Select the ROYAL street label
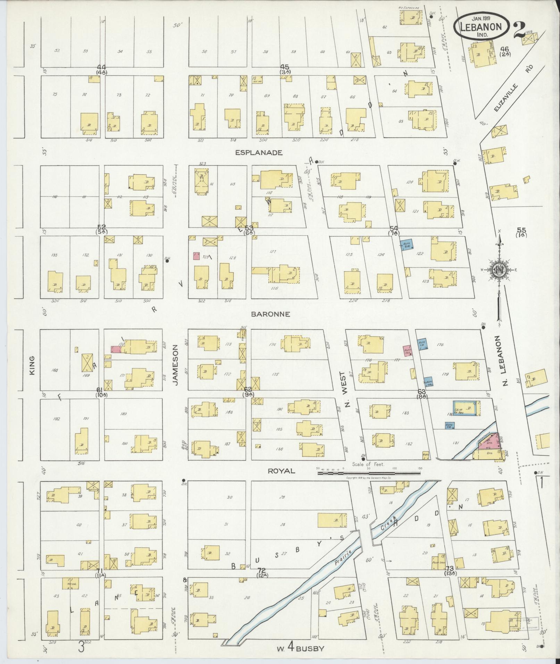point(281,471)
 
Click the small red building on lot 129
point(196,256)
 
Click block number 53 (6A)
point(249,229)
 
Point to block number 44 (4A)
point(101,69)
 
